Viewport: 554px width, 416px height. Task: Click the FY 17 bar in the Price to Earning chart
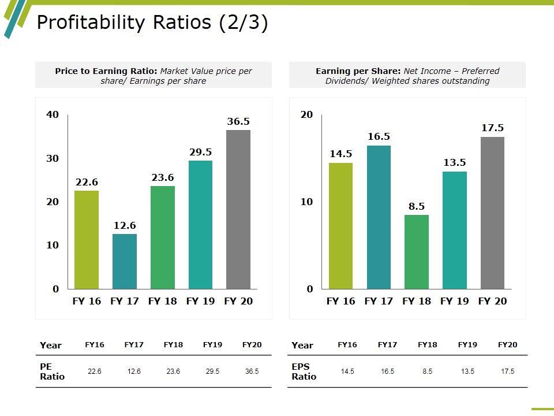(125, 261)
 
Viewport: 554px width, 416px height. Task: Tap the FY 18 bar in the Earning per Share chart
(417, 252)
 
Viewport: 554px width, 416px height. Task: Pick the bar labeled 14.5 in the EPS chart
(340, 226)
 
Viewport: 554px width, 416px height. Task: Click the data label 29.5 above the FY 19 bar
(200, 152)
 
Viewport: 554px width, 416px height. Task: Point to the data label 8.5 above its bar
(417, 206)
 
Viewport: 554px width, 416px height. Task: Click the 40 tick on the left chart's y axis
(53, 114)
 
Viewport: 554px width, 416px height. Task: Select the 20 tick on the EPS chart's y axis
(306, 114)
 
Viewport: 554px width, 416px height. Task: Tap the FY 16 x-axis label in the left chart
(87, 301)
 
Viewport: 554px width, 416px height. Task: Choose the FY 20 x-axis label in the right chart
(492, 301)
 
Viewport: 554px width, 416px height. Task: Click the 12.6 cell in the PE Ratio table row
(134, 372)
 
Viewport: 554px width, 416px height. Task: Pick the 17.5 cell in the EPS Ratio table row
(507, 372)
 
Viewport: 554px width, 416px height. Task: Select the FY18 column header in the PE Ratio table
(173, 345)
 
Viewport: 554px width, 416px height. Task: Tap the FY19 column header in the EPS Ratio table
(467, 345)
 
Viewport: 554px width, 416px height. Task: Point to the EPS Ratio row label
(304, 372)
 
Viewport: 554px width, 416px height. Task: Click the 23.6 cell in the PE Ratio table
(173, 372)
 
